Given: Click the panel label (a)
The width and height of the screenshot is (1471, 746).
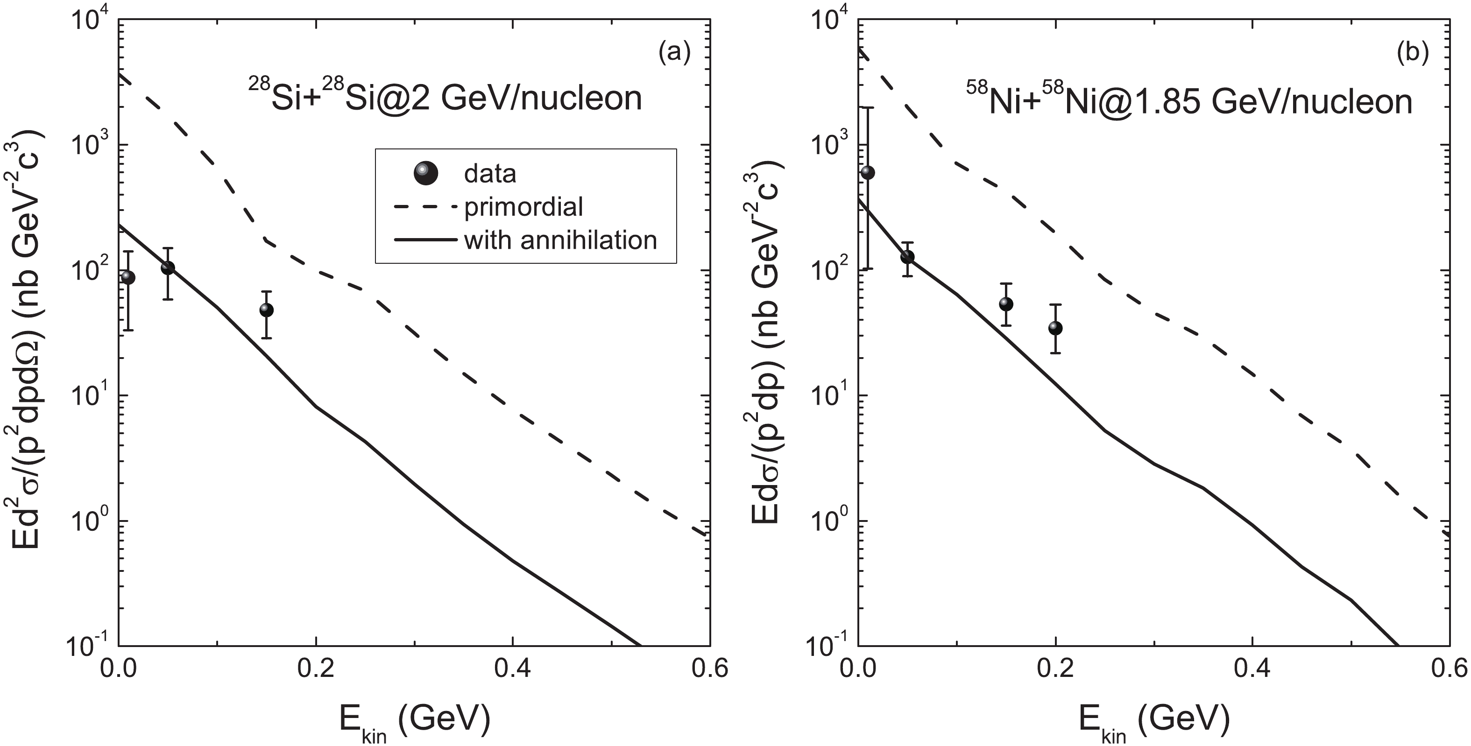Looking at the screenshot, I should (x=674, y=53).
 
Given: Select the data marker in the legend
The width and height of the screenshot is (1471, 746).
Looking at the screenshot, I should (x=426, y=173).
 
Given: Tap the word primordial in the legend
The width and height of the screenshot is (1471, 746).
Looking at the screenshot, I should (x=523, y=207).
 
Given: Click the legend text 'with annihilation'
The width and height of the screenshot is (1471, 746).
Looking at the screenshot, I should (x=560, y=240).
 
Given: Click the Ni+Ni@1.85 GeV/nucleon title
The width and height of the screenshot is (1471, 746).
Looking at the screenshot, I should (x=1189, y=100).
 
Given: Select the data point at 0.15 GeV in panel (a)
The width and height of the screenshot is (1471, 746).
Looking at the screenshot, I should (x=266, y=310).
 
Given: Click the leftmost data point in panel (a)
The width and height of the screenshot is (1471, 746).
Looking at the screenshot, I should (x=128, y=277).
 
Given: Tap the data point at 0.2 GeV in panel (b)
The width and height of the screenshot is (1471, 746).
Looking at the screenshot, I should (x=1055, y=328).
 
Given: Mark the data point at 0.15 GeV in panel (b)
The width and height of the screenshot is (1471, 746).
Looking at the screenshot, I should (x=1006, y=304).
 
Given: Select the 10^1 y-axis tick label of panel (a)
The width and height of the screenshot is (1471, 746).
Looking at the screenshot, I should (x=92, y=397).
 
